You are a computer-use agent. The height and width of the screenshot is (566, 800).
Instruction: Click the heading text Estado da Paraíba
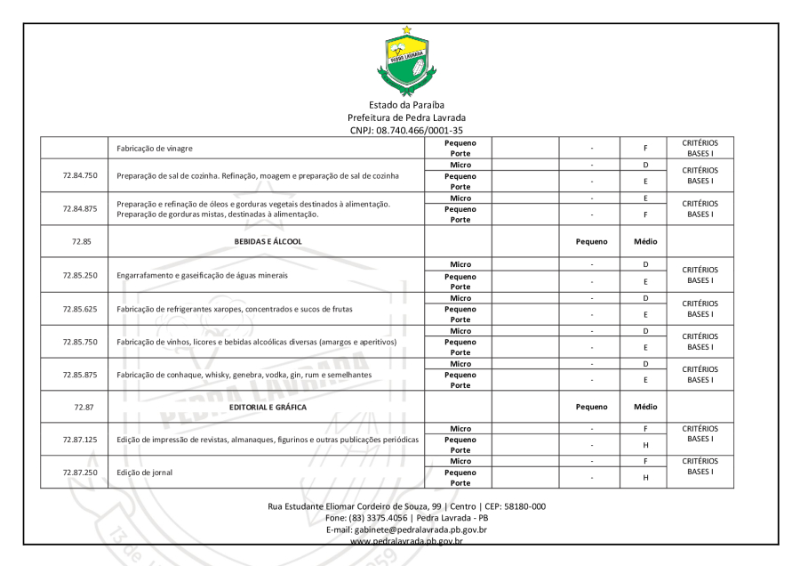[x=406, y=105]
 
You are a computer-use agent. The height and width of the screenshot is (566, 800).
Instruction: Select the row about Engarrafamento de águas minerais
[x=211, y=275]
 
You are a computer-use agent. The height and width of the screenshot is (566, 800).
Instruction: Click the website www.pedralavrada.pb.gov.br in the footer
[x=406, y=539]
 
